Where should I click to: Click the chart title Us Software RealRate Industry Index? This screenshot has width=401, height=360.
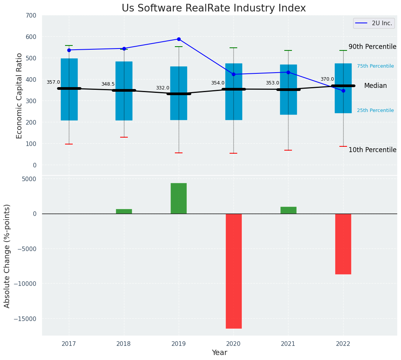(x=214, y=8)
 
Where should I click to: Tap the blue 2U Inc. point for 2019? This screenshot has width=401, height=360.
(x=179, y=39)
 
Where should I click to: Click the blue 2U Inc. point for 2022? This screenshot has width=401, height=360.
(x=343, y=91)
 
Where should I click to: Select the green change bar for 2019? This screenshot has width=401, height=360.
(x=179, y=198)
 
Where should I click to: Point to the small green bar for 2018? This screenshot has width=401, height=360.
(x=124, y=211)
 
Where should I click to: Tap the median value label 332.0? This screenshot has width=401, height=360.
(x=163, y=88)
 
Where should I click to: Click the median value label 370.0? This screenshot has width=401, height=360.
(x=327, y=79)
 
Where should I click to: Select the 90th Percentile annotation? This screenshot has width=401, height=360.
(x=372, y=47)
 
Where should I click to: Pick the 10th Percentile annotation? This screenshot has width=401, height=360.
(x=372, y=150)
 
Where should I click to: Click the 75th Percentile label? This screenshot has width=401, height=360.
(x=375, y=66)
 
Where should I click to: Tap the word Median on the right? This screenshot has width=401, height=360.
(x=375, y=86)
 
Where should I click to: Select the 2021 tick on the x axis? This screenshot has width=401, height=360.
(x=288, y=344)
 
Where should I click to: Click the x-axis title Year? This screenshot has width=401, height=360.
(x=220, y=353)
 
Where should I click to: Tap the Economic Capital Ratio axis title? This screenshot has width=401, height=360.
(x=20, y=96)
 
